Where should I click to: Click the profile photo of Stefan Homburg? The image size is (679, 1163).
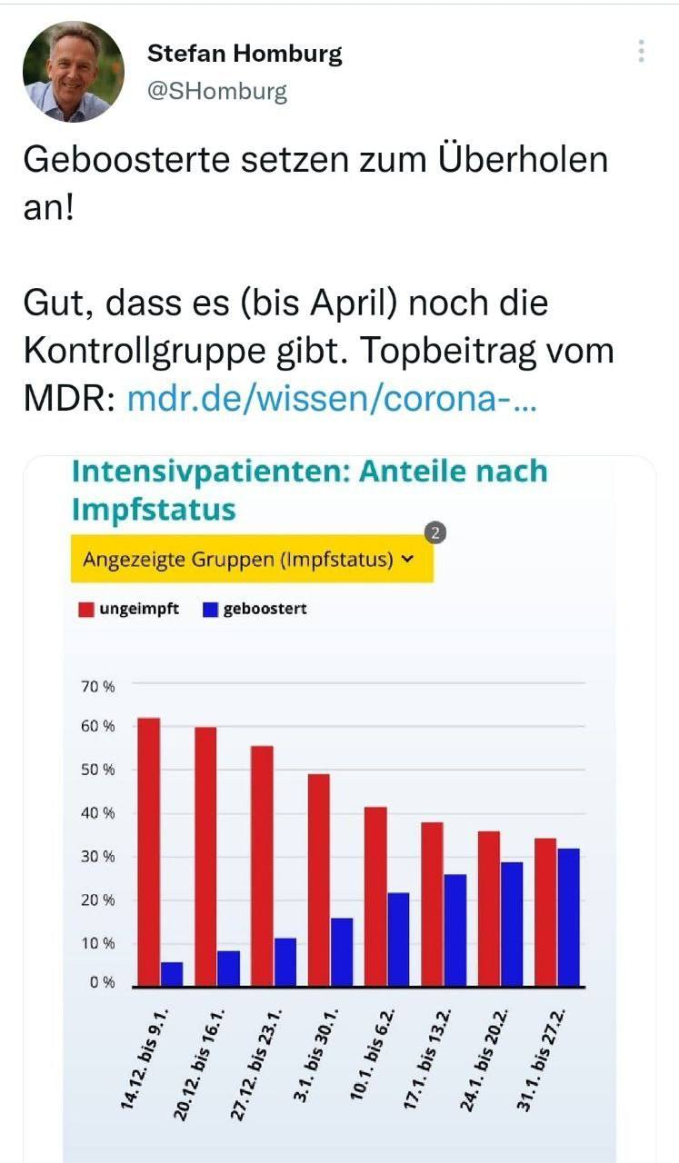point(73,72)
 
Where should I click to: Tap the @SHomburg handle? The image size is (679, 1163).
point(217,92)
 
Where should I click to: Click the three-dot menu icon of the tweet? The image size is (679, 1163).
point(641,51)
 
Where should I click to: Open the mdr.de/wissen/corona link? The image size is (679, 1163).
point(332,399)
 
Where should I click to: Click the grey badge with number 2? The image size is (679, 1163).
point(435,534)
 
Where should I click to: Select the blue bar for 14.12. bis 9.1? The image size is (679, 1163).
point(172,974)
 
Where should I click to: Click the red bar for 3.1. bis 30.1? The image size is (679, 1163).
point(318,880)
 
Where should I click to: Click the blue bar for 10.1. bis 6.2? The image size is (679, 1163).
point(398,939)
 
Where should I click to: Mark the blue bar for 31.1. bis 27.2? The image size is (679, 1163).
point(568,917)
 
